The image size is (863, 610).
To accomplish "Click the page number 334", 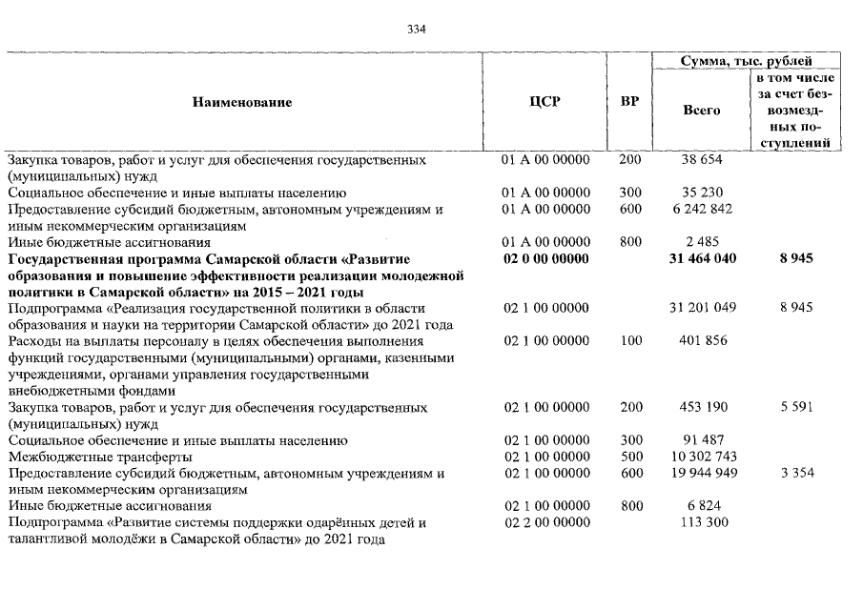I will click(416, 29).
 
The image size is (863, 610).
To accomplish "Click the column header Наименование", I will click(242, 101).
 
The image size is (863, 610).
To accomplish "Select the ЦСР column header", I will click(545, 101).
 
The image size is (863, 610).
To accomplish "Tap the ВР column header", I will click(629, 101).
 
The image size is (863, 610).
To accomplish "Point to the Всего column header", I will click(702, 110).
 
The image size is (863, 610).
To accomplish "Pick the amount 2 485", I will click(702, 242).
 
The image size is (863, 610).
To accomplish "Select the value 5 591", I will click(794, 408).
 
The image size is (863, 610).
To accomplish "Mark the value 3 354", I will click(794, 474).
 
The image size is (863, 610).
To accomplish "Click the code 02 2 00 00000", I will click(545, 523).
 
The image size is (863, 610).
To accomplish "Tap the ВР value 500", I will click(630, 457).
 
